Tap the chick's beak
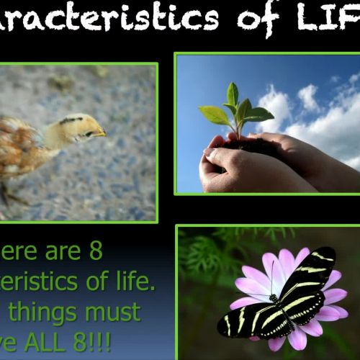[100, 132]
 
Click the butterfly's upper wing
[310, 274]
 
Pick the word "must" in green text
[114, 312]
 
